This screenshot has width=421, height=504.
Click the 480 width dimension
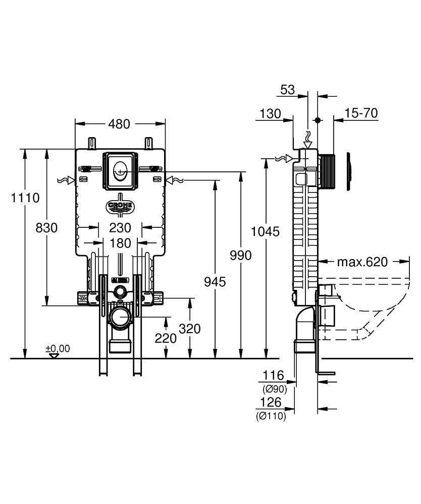119,124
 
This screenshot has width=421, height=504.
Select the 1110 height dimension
25,198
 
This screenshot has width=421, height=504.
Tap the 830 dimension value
46,228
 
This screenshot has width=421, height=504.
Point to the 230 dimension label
120,228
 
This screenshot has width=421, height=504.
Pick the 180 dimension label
120,243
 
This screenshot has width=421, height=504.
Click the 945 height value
215,282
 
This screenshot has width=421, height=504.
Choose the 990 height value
241,255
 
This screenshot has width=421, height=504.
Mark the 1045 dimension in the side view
265,231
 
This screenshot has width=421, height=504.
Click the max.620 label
362,262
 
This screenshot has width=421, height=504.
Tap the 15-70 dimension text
361,113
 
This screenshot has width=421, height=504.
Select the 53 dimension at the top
287,90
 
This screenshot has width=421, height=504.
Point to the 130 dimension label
271,113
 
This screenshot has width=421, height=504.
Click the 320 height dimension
190,329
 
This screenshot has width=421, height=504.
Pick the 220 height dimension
166,338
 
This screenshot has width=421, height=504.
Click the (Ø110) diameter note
271,416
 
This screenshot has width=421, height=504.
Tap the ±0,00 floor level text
58,348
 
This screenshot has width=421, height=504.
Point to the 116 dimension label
274,375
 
